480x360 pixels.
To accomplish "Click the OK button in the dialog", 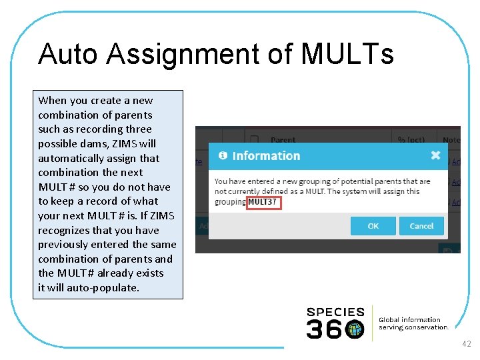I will pyautogui.click(x=373, y=226).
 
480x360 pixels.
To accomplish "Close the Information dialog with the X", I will pyautogui.click(x=435, y=155).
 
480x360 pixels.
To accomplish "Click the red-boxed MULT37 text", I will pyautogui.click(x=263, y=202).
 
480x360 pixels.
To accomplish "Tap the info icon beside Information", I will pyautogui.click(x=223, y=155).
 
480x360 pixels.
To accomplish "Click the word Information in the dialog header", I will pyautogui.click(x=266, y=156).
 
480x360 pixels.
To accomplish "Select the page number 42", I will pyautogui.click(x=466, y=344).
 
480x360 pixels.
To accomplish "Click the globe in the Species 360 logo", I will pyautogui.click(x=355, y=329).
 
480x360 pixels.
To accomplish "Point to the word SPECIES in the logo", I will pyautogui.click(x=335, y=312).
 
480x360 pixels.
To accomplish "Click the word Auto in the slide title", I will pyautogui.click(x=63, y=55).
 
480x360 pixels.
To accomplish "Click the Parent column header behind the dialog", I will pyautogui.click(x=283, y=140).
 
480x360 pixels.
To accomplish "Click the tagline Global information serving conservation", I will pyautogui.click(x=413, y=323).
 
